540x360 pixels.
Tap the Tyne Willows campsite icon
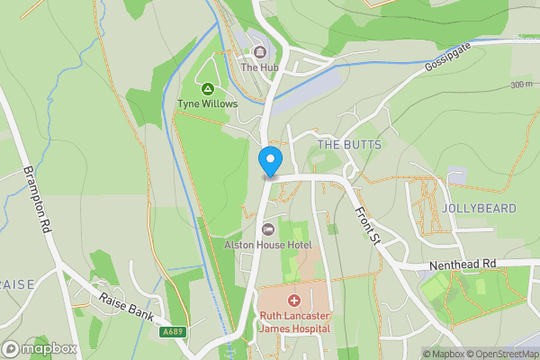pos(208,89)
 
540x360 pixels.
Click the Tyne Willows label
pos(208,104)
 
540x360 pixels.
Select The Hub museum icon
pos(260,51)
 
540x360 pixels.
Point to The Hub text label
pos(260,67)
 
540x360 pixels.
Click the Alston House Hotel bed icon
pos(268,229)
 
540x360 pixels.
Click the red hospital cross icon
pos(294,300)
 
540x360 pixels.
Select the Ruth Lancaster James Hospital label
pos(294,321)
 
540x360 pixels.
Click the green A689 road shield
pos(175,332)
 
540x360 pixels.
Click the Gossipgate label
pos(447,61)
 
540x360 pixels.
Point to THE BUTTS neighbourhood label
pos(350,145)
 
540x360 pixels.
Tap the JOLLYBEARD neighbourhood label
pos(479,208)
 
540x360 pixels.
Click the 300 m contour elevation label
pos(520,85)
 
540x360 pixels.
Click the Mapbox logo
pos(40,348)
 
